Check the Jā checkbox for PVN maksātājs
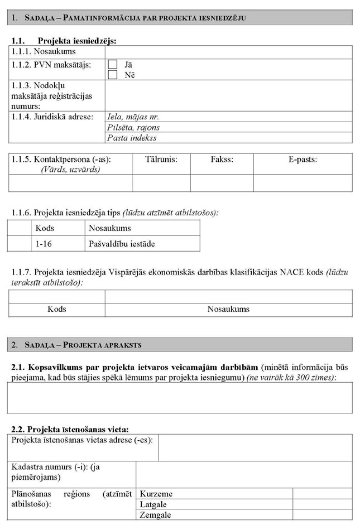(x=112, y=64)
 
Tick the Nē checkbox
(x=112, y=74)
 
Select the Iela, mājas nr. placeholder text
(x=134, y=117)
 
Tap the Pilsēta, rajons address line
(x=132, y=127)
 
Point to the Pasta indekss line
(x=132, y=137)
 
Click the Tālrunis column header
(x=161, y=160)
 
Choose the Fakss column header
(x=222, y=160)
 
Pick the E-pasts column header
(x=303, y=160)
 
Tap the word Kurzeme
(x=156, y=494)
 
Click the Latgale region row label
(x=154, y=504)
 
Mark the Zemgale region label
(x=156, y=515)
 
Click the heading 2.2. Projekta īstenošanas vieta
(x=70, y=429)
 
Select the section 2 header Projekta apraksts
(x=84, y=345)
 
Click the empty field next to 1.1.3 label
(x=229, y=95)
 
